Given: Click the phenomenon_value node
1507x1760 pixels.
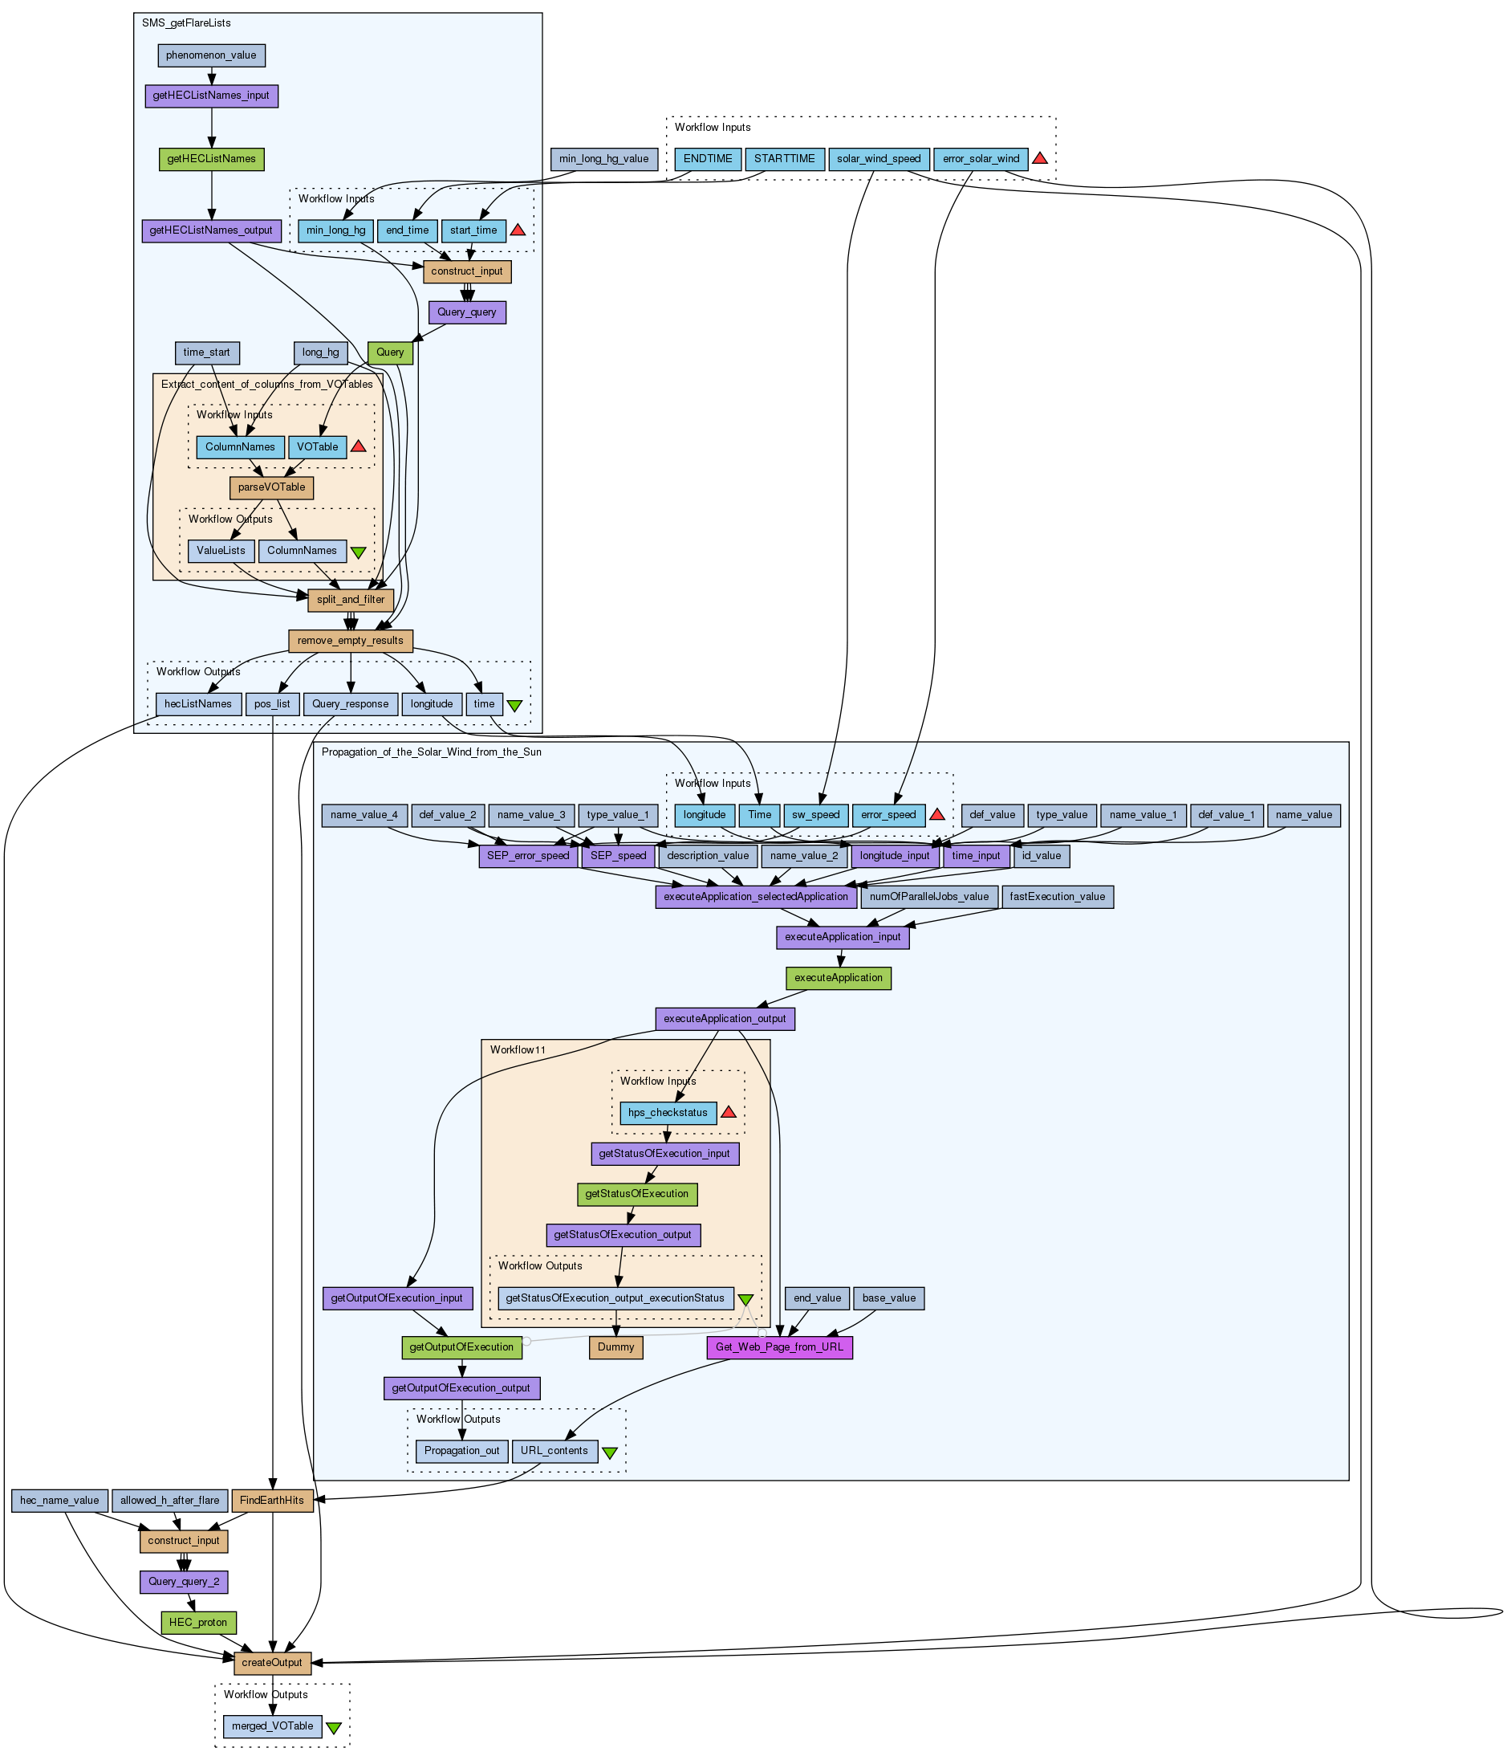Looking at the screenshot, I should pyautogui.click(x=211, y=55).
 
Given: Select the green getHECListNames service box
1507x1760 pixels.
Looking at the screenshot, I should pyautogui.click(x=211, y=159).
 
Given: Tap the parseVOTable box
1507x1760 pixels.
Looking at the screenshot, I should pyautogui.click(x=272, y=487).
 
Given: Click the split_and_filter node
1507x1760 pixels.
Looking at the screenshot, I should pyautogui.click(x=351, y=600).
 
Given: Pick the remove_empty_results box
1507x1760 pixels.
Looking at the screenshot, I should pyautogui.click(x=351, y=641).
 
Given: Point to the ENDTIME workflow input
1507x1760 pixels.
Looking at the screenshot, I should pyautogui.click(x=708, y=159).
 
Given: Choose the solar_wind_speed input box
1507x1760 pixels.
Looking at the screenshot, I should pyautogui.click(x=879, y=159).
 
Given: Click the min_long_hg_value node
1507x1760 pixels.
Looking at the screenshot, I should pyautogui.click(x=603, y=159).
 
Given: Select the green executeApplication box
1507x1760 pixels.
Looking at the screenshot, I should pyautogui.click(x=839, y=978).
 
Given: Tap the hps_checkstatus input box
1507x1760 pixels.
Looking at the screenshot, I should pyautogui.click(x=668, y=1113).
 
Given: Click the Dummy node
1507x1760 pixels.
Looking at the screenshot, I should pyautogui.click(x=616, y=1347).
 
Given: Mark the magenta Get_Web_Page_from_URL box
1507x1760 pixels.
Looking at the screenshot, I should pyautogui.click(x=779, y=1347).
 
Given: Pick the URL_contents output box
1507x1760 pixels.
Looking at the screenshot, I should pyautogui.click(x=554, y=1451).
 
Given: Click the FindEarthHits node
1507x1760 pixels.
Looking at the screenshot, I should pyautogui.click(x=272, y=1501).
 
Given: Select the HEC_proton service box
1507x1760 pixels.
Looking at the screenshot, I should pyautogui.click(x=199, y=1623).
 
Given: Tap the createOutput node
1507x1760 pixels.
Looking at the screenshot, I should pyautogui.click(x=273, y=1663).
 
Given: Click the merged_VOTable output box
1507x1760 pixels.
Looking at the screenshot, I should pyautogui.click(x=273, y=1726).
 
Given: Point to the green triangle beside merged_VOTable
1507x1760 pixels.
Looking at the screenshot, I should pyautogui.click(x=335, y=1728).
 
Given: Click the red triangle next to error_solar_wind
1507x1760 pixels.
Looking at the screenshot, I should pyautogui.click(x=1039, y=158).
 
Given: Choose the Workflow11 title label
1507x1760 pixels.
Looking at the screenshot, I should pyautogui.click(x=518, y=1050).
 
